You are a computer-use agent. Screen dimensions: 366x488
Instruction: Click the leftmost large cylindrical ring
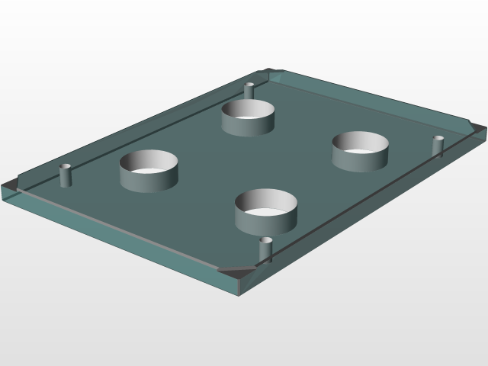pos(149,176)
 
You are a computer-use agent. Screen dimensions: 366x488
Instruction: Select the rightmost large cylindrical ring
pos(360,156)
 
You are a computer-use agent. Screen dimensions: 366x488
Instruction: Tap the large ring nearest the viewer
pos(265,218)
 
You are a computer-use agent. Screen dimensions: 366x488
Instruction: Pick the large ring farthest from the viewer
pos(249,122)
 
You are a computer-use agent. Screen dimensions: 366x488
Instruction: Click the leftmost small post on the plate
pos(66,175)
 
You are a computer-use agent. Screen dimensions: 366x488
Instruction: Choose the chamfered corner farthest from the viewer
pos(274,74)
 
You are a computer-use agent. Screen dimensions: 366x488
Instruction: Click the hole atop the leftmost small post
pos(66,165)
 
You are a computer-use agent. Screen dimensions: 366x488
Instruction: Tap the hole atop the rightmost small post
pos(438,138)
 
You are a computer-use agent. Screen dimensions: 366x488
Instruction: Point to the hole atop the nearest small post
pos(266,240)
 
